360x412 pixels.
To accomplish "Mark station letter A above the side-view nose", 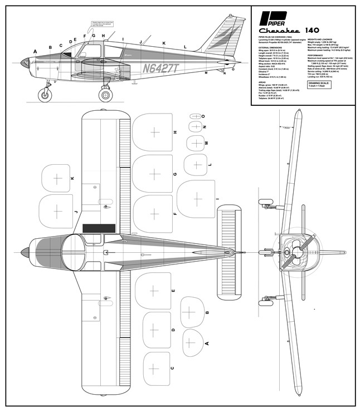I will click(35, 51).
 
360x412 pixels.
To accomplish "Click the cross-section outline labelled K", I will click(56, 178).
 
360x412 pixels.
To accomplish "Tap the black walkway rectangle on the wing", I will click(99, 228).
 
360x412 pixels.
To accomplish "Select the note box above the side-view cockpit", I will click(95, 26).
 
